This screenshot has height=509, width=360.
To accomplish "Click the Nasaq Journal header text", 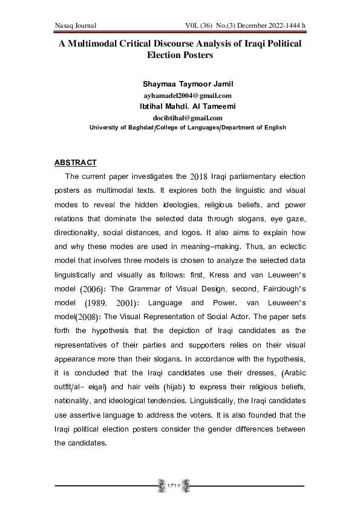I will pos(76,25).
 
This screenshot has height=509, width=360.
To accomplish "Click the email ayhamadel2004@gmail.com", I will pos(179,96).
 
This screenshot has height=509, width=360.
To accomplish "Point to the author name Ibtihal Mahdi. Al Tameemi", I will pos(179,107).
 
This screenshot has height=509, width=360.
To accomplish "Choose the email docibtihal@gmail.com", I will pos(179,117).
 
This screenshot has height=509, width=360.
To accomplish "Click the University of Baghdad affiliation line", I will pos(179,128).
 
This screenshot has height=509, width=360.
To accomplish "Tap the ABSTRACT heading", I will pos(76,163).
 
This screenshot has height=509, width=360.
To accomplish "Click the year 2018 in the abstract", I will pos(198,177).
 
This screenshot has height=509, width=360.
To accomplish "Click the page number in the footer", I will pos(179,485).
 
